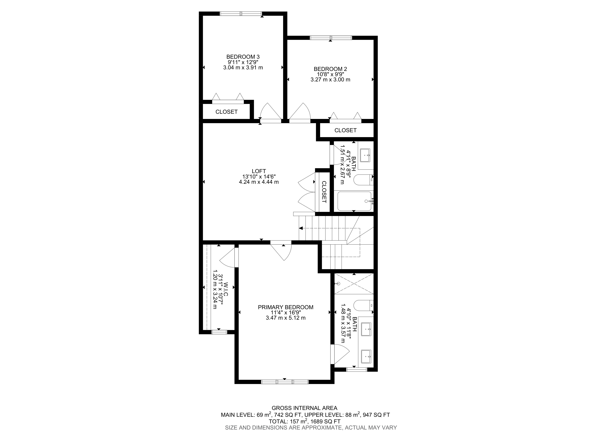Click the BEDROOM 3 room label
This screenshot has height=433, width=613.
[243, 57]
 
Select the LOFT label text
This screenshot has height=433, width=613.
[259, 171]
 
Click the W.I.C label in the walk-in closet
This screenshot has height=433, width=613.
[226, 289]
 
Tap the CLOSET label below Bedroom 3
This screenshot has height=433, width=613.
[226, 112]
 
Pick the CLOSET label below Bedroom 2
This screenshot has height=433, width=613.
[345, 130]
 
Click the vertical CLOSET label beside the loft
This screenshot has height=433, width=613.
[324, 192]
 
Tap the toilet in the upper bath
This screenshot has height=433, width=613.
[363, 180]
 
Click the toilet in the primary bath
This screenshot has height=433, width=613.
[363, 305]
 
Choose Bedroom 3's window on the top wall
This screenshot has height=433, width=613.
[241, 14]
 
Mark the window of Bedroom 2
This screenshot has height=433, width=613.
[331, 38]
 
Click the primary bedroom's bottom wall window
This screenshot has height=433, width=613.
[285, 382]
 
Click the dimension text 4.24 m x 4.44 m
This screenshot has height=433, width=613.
[259, 182]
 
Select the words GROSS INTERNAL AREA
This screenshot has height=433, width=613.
[304, 408]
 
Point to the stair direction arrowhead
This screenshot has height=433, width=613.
[301, 228]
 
